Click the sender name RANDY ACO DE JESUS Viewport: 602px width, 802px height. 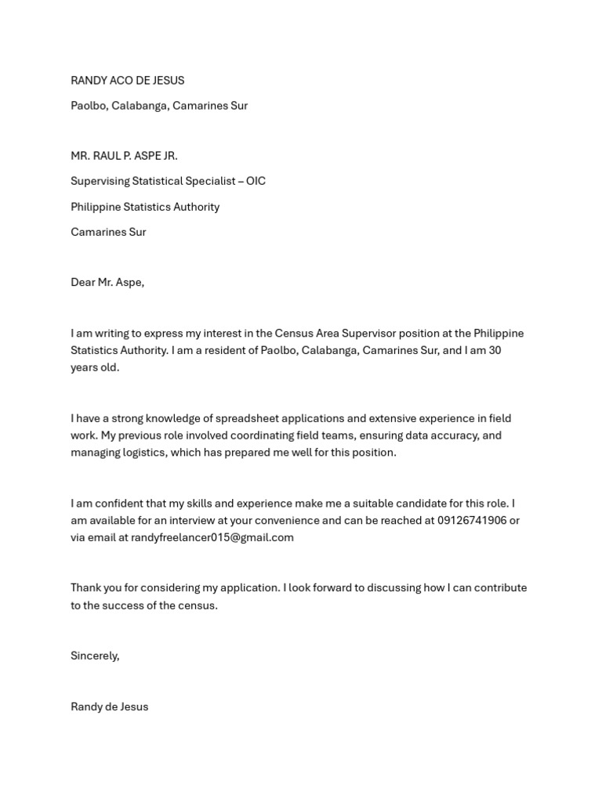(x=127, y=81)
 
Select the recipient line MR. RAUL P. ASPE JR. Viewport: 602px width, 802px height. (x=124, y=156)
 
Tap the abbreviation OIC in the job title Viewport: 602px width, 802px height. (x=256, y=181)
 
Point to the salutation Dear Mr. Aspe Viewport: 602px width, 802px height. (x=107, y=283)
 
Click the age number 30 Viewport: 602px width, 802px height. (x=494, y=350)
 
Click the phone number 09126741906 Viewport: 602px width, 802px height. (x=471, y=521)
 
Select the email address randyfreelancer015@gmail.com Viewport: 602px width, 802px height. (x=212, y=537)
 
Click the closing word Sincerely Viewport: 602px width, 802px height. (x=95, y=656)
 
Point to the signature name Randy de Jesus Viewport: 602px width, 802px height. (x=109, y=706)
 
